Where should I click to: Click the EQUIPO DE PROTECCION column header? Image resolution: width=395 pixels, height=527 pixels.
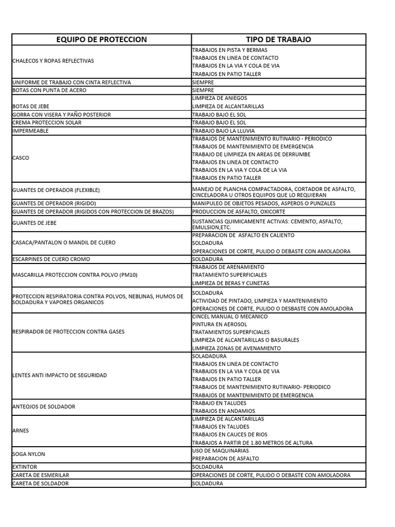101,40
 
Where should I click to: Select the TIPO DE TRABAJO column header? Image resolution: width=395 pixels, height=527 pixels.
278,40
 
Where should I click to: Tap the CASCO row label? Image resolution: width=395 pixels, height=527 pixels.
20,158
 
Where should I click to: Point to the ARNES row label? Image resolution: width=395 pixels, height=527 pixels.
20,430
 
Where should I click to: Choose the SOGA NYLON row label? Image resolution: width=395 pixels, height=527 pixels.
28,454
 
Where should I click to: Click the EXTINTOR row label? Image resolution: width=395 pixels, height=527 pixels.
24,467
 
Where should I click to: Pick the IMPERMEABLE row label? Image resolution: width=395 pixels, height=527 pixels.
30,131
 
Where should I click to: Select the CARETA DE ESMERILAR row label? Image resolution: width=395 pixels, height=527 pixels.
40,475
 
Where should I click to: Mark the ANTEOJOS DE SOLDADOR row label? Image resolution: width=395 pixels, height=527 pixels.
43,407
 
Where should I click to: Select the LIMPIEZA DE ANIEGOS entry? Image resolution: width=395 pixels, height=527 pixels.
219,98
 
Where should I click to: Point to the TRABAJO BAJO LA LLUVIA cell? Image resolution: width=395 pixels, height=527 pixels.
223,131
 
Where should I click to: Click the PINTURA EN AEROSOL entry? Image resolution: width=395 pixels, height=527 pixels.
219,324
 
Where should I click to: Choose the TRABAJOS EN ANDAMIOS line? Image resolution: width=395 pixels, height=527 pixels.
220,411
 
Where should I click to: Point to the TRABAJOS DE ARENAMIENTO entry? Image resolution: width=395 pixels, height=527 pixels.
228,267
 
